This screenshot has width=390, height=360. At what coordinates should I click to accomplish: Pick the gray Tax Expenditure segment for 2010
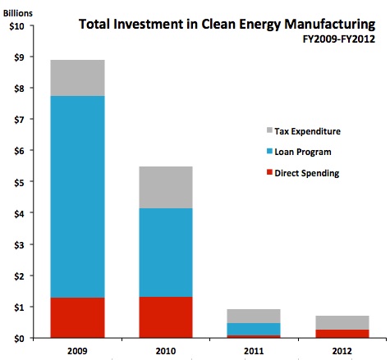[166, 187]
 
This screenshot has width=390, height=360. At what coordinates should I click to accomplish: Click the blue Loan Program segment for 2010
[166, 253]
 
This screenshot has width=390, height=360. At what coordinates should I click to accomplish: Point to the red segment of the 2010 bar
[166, 317]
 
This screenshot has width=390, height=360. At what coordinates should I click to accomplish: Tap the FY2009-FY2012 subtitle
[349, 41]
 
